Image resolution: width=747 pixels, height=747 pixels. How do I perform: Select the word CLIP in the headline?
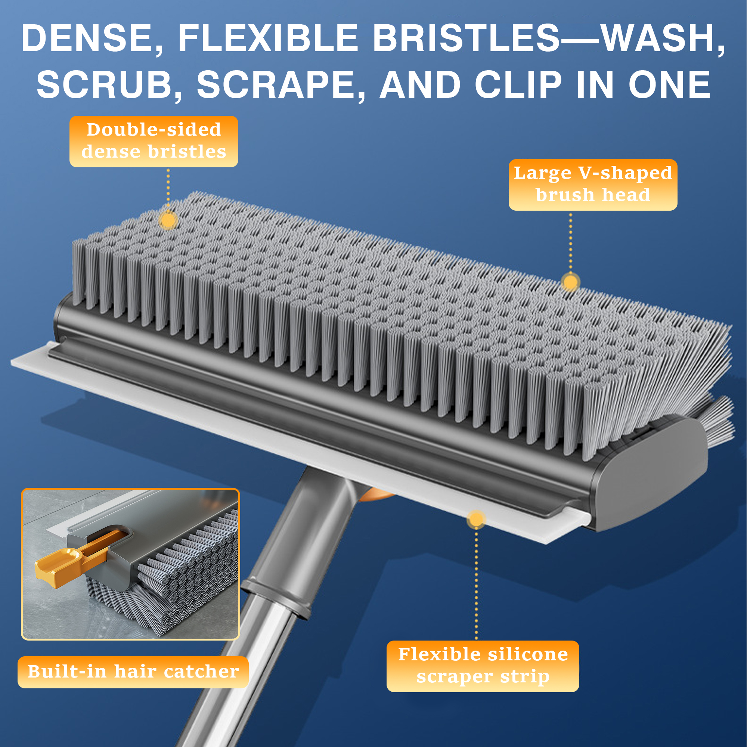pyautogui.click(x=518, y=85)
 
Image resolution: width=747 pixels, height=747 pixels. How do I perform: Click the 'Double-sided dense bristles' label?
pyautogui.click(x=154, y=141)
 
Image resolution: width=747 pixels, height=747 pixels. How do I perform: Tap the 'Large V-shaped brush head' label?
pyautogui.click(x=593, y=185)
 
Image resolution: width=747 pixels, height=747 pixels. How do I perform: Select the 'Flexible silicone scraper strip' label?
pyautogui.click(x=483, y=666)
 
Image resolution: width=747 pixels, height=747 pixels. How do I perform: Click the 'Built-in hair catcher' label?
pyautogui.click(x=133, y=672)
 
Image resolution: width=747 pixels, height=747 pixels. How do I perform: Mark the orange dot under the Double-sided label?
pyautogui.click(x=168, y=220)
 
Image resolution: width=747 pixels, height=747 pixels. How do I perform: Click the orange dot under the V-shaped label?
pyautogui.click(x=570, y=282)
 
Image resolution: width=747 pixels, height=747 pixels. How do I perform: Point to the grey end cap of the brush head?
pyautogui.click(x=653, y=474)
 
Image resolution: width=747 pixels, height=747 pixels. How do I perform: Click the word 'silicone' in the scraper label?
pyautogui.click(x=528, y=654)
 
